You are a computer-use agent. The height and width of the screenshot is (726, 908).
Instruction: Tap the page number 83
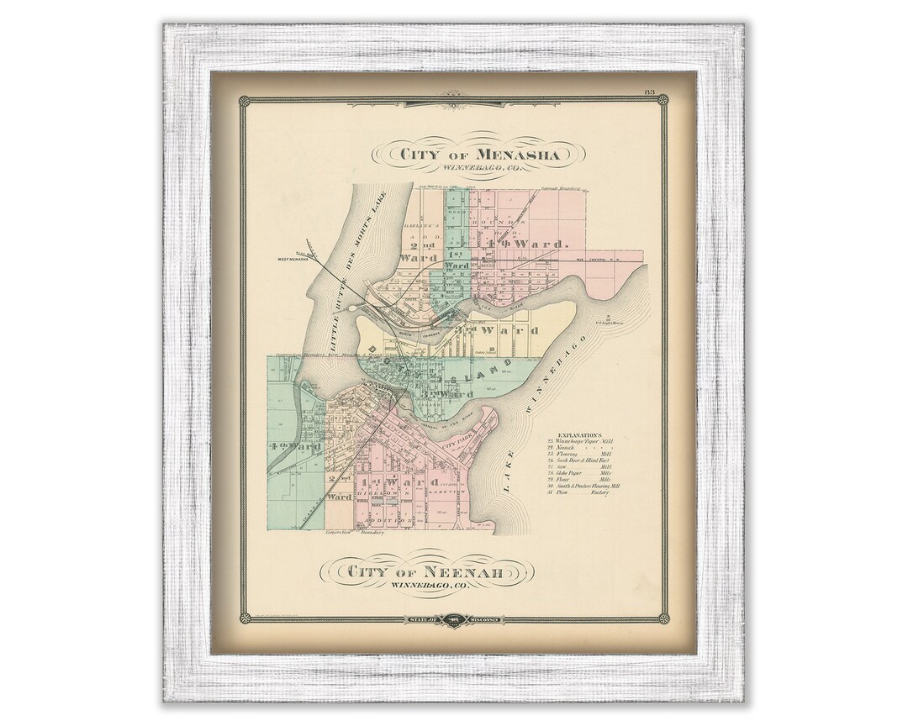pos(650,92)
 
